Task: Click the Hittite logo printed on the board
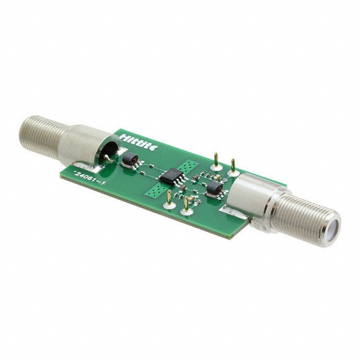coord(139,138)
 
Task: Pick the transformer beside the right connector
coord(214,189)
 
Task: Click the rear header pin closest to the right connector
coord(232,165)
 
